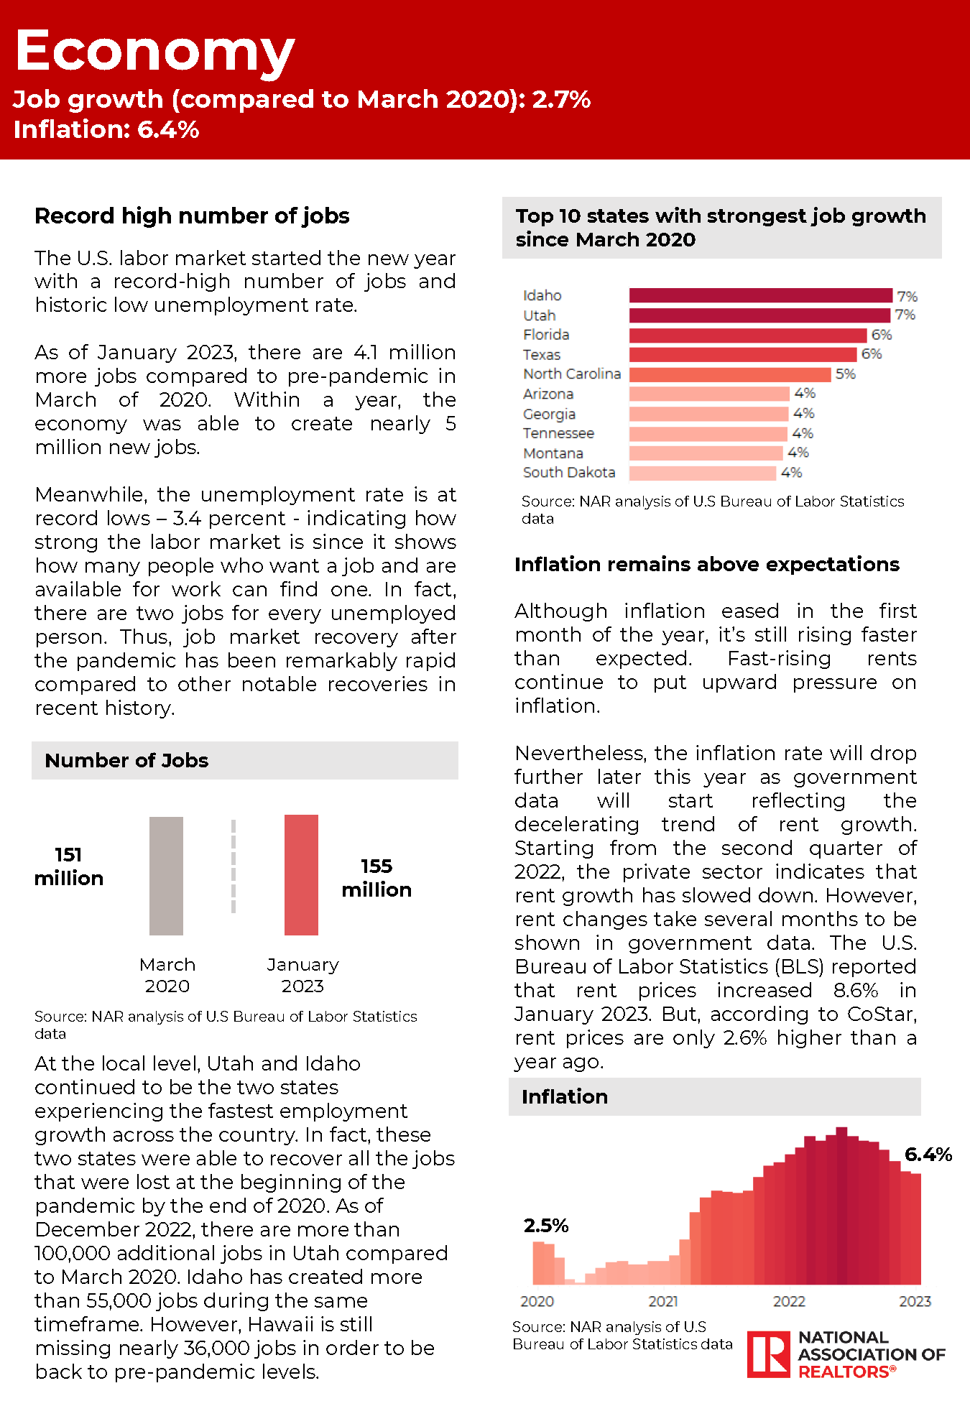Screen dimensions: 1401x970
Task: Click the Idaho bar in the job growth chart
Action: (x=760, y=295)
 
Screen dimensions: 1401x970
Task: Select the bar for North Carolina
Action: (x=729, y=374)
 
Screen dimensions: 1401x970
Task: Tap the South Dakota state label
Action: (x=569, y=473)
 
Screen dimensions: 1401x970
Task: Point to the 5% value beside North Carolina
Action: (x=846, y=374)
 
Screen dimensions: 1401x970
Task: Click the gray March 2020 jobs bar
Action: (x=166, y=876)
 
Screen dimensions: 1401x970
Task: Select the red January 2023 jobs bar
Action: (x=301, y=874)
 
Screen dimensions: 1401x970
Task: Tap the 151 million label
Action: (x=69, y=866)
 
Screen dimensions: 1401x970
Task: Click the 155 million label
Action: (x=377, y=878)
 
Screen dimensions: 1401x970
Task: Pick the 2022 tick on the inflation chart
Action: (x=789, y=1301)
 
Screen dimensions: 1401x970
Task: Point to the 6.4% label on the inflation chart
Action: (x=928, y=1155)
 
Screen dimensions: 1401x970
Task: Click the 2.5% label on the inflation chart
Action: (x=546, y=1226)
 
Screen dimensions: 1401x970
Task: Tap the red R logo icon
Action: (x=769, y=1354)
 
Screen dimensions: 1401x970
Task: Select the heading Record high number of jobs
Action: (x=192, y=216)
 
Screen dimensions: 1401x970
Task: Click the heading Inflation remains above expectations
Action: (x=706, y=565)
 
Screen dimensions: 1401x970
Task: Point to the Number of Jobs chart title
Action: (x=126, y=761)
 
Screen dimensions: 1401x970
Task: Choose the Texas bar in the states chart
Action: (x=743, y=354)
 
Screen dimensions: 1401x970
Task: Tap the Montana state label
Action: (x=553, y=453)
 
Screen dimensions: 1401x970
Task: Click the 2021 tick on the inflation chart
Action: (x=663, y=1301)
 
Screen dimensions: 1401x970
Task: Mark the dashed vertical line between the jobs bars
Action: (x=234, y=866)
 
